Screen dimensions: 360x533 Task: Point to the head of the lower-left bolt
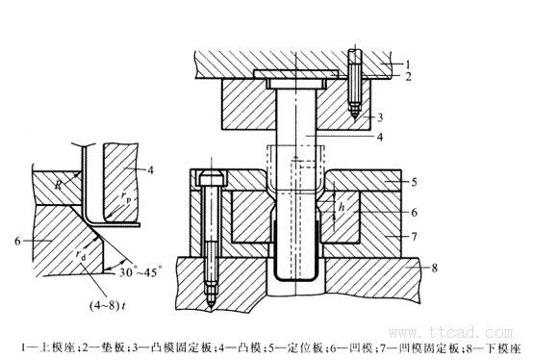pos(212,178)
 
